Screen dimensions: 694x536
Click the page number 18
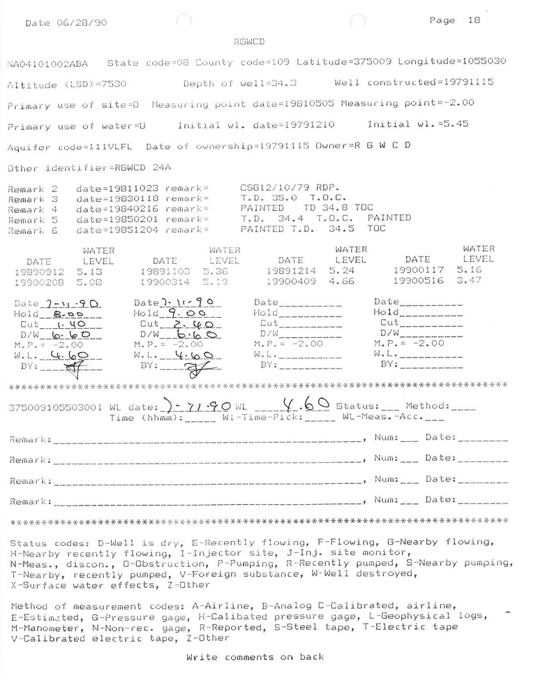473,21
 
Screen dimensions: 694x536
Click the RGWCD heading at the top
250,42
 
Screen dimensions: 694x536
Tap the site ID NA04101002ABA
52,63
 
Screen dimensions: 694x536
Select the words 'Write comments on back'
255,657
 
